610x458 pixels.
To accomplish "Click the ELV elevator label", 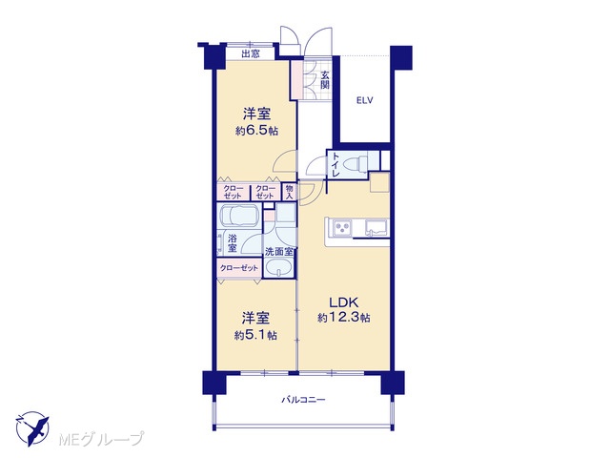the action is [364, 100].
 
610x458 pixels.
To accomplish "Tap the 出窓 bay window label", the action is [250, 53].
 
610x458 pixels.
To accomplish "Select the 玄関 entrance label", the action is [325, 79].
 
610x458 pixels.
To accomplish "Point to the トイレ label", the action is [335, 165].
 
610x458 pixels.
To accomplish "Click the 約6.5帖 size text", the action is [256, 131].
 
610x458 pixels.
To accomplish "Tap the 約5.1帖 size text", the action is [255, 335].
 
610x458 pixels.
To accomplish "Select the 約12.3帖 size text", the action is [343, 318].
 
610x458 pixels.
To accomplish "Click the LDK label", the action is [343, 302].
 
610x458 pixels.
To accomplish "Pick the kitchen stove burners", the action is [342, 227].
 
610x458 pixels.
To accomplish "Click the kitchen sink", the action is [376, 227].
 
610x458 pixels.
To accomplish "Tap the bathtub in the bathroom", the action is [239, 216].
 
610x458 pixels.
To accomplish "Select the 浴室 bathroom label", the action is [233, 242].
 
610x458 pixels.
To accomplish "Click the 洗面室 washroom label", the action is [279, 251].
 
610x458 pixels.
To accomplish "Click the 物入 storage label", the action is [289, 192].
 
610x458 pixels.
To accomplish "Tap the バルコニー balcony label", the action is [303, 400].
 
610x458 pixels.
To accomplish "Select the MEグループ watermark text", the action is [102, 439].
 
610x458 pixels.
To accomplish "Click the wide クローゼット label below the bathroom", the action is [239, 268].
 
